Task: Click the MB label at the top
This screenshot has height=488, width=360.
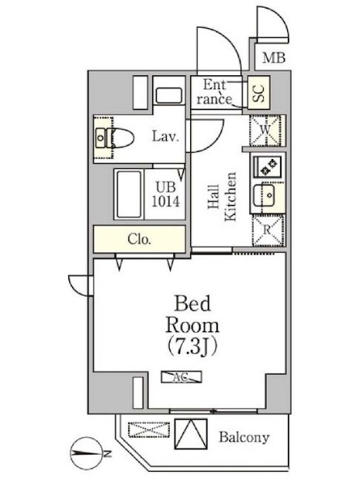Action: click(274, 58)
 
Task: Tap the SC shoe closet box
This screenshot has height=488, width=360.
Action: click(258, 92)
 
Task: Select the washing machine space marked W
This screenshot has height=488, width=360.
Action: click(265, 130)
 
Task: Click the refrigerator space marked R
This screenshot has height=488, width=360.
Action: click(268, 230)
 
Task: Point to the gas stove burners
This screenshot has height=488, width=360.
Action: click(268, 166)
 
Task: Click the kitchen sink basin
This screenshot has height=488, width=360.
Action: click(264, 196)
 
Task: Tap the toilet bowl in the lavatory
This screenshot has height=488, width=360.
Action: click(120, 138)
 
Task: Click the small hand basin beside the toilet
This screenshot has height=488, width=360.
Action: click(100, 137)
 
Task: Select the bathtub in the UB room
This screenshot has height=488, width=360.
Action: click(129, 194)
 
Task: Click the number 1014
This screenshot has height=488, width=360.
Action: click(165, 202)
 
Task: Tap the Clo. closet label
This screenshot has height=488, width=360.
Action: click(139, 239)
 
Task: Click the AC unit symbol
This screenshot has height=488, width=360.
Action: click(181, 377)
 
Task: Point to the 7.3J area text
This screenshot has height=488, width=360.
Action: click(192, 346)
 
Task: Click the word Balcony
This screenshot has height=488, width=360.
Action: click(244, 438)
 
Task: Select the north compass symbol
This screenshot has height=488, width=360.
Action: click(86, 453)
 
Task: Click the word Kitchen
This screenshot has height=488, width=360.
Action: click(230, 196)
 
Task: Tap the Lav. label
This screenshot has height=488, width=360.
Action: click(165, 137)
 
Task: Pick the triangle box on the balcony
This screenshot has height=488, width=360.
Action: click(191, 434)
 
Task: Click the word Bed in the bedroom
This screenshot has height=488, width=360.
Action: click(192, 303)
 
